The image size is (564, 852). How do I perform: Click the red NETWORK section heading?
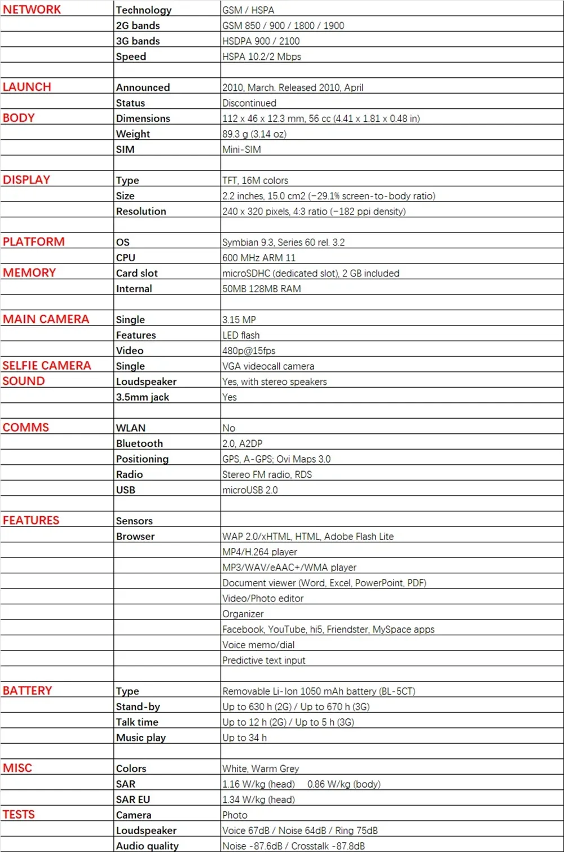(32, 10)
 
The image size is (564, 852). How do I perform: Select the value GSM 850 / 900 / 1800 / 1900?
(283, 25)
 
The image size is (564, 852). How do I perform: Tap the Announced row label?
(143, 87)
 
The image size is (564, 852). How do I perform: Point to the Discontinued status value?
(249, 103)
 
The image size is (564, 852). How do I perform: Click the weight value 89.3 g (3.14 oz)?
(254, 134)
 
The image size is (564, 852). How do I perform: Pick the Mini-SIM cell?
(241, 150)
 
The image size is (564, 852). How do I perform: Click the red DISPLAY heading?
(27, 180)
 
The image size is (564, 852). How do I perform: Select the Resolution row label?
(141, 212)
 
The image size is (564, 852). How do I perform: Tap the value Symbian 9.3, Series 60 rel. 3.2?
(283, 243)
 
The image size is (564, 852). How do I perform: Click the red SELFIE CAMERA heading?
(47, 366)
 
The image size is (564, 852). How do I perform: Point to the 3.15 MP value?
(239, 320)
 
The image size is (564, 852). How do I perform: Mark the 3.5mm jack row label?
(142, 397)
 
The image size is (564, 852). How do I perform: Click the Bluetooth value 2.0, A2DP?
(242, 443)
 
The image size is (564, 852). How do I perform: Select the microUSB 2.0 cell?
(250, 490)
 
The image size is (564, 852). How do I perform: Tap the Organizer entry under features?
(243, 614)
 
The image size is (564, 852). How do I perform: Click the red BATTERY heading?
(27, 691)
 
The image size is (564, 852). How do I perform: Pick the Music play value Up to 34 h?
(244, 737)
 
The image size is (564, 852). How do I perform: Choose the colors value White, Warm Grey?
(261, 768)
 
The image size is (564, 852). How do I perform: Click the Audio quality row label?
(147, 846)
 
